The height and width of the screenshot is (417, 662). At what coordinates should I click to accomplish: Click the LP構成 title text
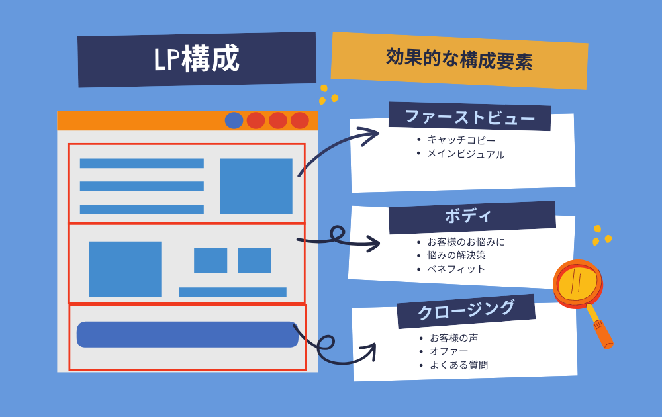pyautogui.click(x=197, y=59)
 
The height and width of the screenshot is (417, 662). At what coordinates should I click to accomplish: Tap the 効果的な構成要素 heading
pyautogui.click(x=459, y=60)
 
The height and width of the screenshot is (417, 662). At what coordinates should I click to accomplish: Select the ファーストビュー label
pyautogui.click(x=470, y=117)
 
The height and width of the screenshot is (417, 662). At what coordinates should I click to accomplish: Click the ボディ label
pyautogui.click(x=468, y=216)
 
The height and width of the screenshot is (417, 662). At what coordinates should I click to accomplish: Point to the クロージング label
pyautogui.click(x=466, y=310)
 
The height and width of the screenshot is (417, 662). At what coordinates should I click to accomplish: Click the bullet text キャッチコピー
pyautogui.click(x=461, y=140)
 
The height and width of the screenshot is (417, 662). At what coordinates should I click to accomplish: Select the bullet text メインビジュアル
pyautogui.click(x=465, y=154)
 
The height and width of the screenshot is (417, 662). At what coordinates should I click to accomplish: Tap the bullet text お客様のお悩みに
pyautogui.click(x=466, y=242)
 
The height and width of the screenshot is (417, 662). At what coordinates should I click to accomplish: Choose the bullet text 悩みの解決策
pyautogui.click(x=456, y=255)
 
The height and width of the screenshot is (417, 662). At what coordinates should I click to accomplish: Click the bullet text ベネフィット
pyautogui.click(x=456, y=269)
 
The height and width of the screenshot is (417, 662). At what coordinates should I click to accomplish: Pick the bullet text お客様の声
pyautogui.click(x=454, y=338)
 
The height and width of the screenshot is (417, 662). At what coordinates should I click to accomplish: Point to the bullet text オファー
pyautogui.click(x=449, y=351)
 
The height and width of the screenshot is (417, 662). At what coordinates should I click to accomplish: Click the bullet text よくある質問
pyautogui.click(x=459, y=365)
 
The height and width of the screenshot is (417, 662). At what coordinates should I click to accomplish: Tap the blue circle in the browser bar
pyautogui.click(x=234, y=120)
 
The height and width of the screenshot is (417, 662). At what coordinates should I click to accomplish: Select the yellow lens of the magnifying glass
pyautogui.click(x=577, y=282)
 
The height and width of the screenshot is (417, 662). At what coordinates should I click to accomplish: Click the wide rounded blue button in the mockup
pyautogui.click(x=187, y=334)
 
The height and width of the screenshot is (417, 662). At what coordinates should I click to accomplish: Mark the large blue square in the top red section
pyautogui.click(x=256, y=186)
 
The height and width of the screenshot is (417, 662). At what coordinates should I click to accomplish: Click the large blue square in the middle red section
pyautogui.click(x=125, y=269)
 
